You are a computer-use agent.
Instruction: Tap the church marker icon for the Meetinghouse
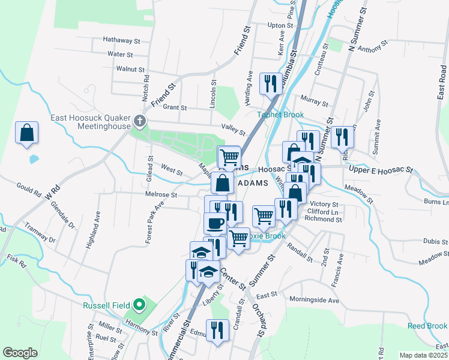140,122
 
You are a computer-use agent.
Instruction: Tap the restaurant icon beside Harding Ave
270,83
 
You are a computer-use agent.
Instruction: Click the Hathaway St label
121,41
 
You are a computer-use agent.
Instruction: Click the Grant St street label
175,108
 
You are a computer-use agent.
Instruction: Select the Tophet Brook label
281,115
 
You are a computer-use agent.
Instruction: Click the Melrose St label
160,194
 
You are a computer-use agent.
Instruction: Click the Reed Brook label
427,326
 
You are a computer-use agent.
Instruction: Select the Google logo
20,353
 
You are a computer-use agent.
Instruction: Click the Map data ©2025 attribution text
423,355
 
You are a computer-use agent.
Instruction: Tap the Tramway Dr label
40,234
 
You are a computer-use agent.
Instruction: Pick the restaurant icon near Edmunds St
217,329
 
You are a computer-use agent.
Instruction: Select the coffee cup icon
215,223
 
